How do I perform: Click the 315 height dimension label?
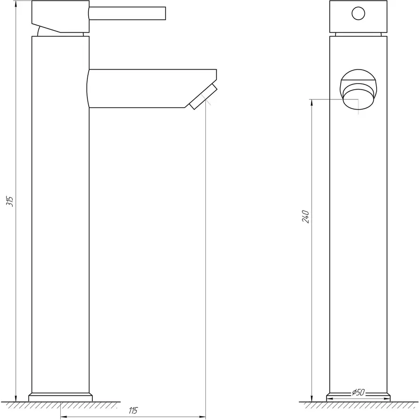click(12, 201)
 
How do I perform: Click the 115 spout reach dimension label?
click(133, 411)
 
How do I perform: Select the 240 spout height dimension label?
click(306, 217)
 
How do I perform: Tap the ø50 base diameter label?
click(358, 392)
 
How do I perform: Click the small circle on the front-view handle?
click(358, 14)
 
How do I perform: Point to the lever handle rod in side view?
click(127, 13)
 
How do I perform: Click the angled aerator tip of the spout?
click(203, 97)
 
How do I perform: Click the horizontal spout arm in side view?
click(149, 89)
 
